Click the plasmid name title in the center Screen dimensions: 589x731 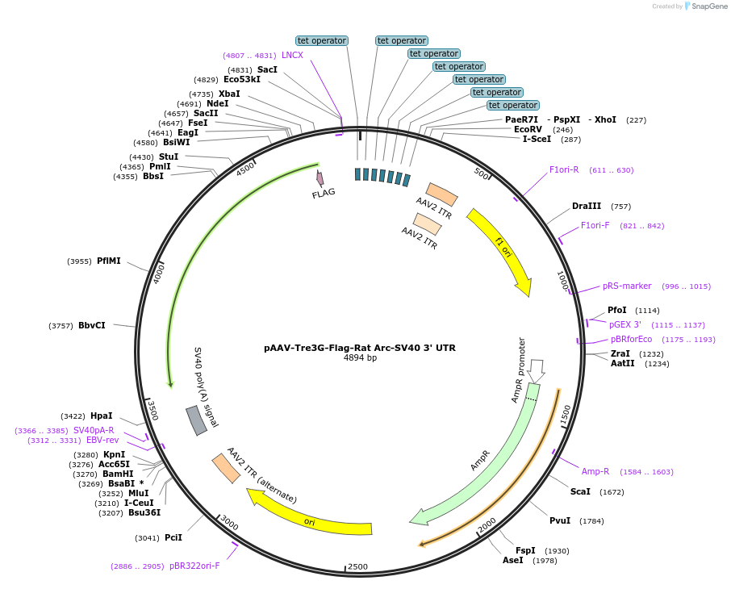[x=360, y=348]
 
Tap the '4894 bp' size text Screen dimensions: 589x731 [x=360, y=358]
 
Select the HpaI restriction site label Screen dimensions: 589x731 [x=101, y=416]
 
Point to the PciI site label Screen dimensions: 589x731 [x=173, y=537]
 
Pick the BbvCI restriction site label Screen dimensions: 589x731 [x=91, y=326]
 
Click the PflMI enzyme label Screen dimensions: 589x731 [x=109, y=261]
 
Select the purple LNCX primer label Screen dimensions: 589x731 [x=292, y=56]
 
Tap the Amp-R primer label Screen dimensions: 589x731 [x=595, y=471]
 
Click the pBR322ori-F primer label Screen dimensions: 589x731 [x=194, y=566]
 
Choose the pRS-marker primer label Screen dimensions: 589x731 [x=627, y=286]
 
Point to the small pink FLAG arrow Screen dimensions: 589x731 [x=320, y=178]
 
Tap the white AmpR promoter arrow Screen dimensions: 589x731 [x=537, y=370]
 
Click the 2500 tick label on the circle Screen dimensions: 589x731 [x=357, y=566]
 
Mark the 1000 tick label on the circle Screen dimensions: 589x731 [x=562, y=281]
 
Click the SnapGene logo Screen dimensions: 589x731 [x=704, y=6]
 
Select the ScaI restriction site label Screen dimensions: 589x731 [x=580, y=491]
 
